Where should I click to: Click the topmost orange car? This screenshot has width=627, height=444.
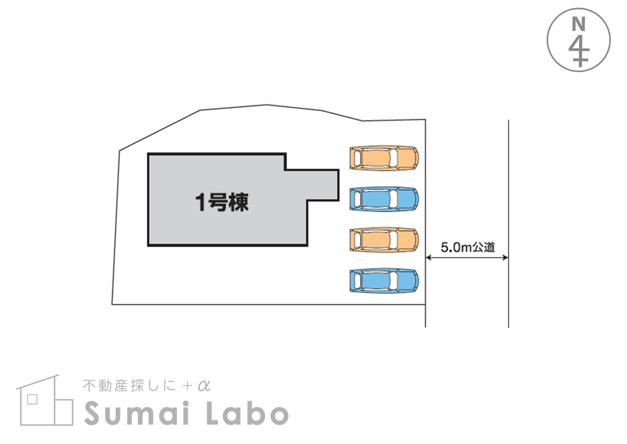pyautogui.click(x=384, y=158)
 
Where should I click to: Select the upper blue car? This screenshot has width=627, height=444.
pyautogui.click(x=384, y=199)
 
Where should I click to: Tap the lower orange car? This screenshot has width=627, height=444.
pyautogui.click(x=384, y=239)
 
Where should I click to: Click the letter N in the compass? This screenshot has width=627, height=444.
pyautogui.click(x=579, y=24)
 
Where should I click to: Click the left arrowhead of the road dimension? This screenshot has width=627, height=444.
pyautogui.click(x=429, y=258)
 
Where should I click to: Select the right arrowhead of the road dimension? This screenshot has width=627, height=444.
pyautogui.click(x=505, y=258)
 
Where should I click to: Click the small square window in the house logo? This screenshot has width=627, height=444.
pyautogui.click(x=32, y=399)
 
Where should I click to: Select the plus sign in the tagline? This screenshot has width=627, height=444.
pyautogui.click(x=188, y=386)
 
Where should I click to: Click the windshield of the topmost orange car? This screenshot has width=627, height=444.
pyautogui.click(x=393, y=158)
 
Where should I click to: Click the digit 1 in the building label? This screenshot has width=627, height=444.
pyautogui.click(x=201, y=202)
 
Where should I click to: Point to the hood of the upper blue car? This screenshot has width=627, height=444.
pyautogui.click(x=407, y=199)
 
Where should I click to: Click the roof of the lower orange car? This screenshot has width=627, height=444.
pyautogui.click(x=376, y=239)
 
